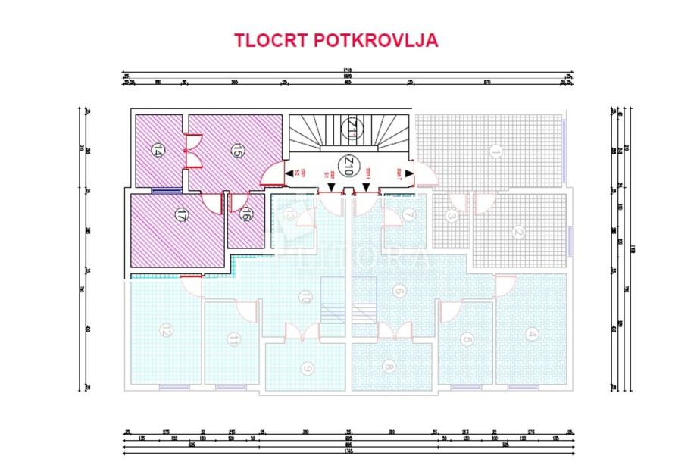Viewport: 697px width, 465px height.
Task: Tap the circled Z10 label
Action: (x=348, y=166)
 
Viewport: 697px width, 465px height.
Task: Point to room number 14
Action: (x=158, y=149)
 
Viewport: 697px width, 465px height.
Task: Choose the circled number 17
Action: (x=180, y=214)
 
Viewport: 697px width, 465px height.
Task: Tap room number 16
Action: (x=245, y=215)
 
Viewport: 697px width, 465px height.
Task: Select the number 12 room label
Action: (x=164, y=330)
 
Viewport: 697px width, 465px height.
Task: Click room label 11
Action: (x=235, y=339)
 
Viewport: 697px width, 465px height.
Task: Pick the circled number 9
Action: (x=307, y=369)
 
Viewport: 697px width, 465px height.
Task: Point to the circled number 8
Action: (x=389, y=367)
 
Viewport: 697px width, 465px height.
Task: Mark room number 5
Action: (x=467, y=339)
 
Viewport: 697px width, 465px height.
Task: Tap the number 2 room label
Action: (x=518, y=232)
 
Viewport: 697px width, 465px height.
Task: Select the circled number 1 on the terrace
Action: (x=495, y=151)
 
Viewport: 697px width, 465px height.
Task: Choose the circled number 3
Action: (x=452, y=216)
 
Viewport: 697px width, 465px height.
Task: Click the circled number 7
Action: (x=408, y=215)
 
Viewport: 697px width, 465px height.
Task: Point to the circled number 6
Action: (x=399, y=290)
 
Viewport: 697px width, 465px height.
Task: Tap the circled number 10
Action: (x=305, y=298)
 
